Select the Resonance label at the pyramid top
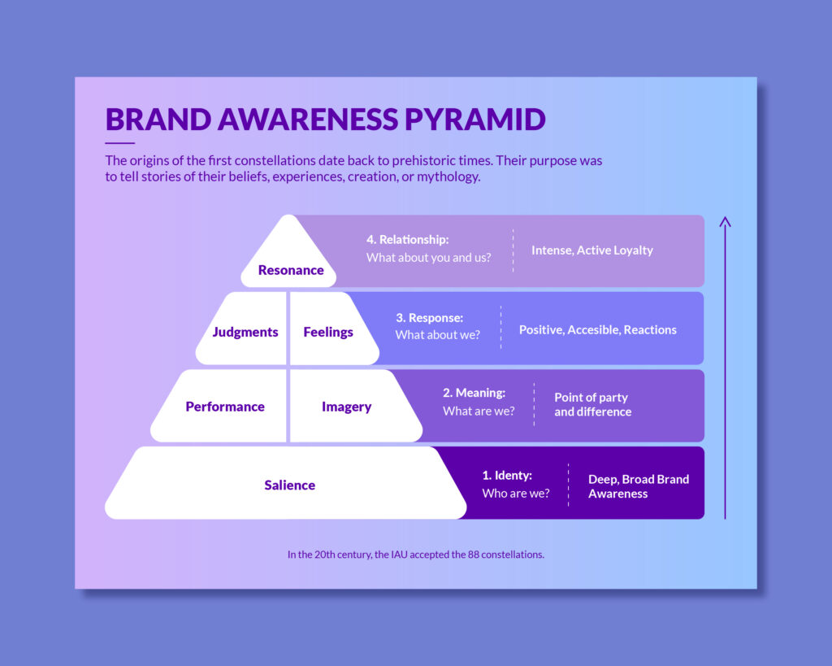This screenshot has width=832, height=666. [x=291, y=270]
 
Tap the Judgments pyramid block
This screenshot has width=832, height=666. [x=245, y=332]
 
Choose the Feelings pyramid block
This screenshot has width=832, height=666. [x=328, y=332]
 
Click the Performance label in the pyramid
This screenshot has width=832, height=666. [x=225, y=407]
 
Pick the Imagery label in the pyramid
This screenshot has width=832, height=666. [x=346, y=407]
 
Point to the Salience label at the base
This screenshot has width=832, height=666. [x=289, y=485]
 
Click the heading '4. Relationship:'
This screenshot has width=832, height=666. [x=407, y=240]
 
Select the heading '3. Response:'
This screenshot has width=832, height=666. [x=429, y=318]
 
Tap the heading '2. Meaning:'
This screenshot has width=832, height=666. [x=474, y=393]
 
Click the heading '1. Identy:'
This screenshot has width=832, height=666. [x=506, y=476]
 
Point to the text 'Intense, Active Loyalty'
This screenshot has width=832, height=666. [x=591, y=250]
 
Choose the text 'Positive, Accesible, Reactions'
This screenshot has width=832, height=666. [x=597, y=329]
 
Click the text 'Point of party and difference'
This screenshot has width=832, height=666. [x=592, y=404]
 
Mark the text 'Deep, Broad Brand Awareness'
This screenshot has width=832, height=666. [x=638, y=486]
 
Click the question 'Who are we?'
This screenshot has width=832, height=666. [x=515, y=493]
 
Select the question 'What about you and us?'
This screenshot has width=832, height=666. [x=428, y=258]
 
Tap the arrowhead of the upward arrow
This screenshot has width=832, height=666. [x=726, y=220]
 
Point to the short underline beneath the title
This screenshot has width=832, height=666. [x=119, y=143]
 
